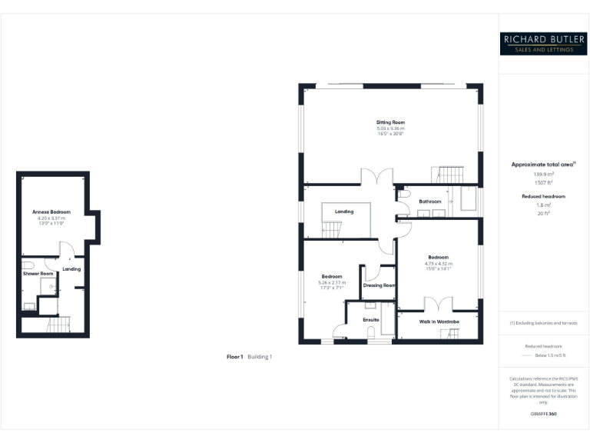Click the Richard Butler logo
tap(543, 42)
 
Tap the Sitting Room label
tap(390, 122)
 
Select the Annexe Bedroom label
tap(51, 212)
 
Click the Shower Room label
tap(38, 274)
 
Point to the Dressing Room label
tap(379, 285)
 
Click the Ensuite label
tap(371, 318)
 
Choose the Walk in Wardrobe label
tap(439, 321)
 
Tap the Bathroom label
tap(429, 202)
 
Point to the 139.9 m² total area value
tap(543, 175)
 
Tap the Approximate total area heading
tap(543, 165)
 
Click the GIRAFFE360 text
tap(543, 414)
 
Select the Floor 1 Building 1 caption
tap(250, 357)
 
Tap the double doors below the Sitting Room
tap(376, 177)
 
